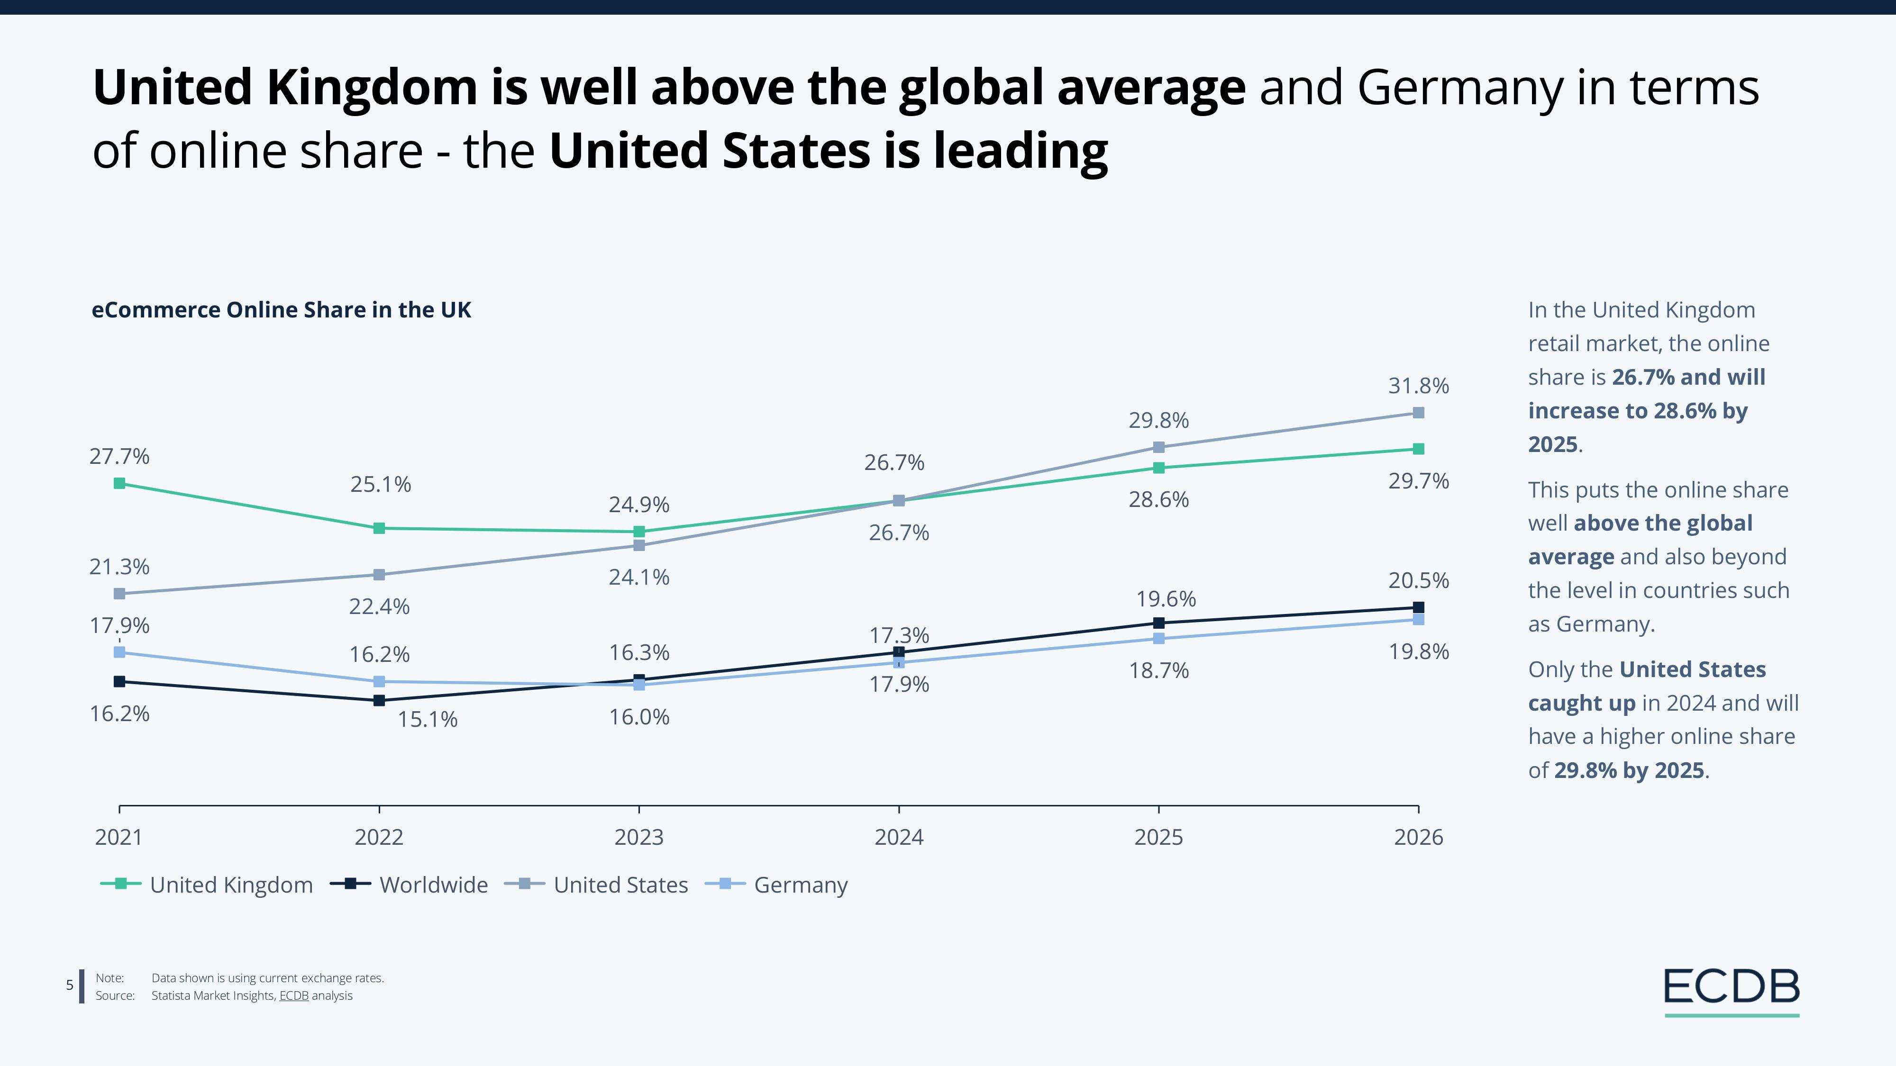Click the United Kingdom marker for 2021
pos(119,483)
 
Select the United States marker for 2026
pos(1418,413)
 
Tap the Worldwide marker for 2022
pos(379,700)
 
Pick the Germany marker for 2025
pos(1158,639)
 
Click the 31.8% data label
pos(1418,386)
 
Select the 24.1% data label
pos(639,577)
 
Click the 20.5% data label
pos(1418,580)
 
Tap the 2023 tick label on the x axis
pos(639,837)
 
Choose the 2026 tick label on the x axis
pos(1418,837)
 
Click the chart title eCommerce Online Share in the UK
pos(281,310)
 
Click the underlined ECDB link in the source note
pos(294,995)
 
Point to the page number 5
pos(70,985)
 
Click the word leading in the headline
pos(1021,150)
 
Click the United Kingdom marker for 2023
pos(639,531)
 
